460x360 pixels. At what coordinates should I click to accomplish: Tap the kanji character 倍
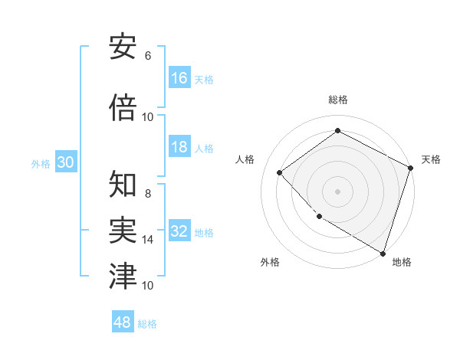click(123, 108)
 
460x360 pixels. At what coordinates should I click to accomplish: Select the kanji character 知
click(123, 185)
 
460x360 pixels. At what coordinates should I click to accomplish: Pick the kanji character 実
click(123, 230)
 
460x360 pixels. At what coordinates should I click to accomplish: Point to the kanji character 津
click(123, 275)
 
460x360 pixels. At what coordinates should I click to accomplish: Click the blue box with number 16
click(179, 78)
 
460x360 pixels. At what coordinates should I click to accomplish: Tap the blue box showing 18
click(179, 147)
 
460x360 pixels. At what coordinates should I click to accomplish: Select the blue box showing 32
click(179, 231)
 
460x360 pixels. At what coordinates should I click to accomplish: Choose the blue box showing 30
click(65, 162)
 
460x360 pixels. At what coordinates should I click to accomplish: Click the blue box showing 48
click(123, 322)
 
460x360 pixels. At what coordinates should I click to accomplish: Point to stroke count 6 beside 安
click(147, 56)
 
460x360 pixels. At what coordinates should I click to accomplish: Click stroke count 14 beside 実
click(147, 240)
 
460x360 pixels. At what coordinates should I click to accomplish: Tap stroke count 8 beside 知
click(147, 194)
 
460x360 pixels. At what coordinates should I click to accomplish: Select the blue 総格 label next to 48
click(147, 324)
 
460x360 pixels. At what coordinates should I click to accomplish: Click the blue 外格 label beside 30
click(41, 163)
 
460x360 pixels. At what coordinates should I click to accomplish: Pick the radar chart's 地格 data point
click(383, 252)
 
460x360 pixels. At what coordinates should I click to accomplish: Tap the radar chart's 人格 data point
click(280, 173)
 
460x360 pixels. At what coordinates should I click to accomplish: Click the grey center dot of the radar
click(337, 191)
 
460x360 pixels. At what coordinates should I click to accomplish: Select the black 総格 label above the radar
click(337, 100)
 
